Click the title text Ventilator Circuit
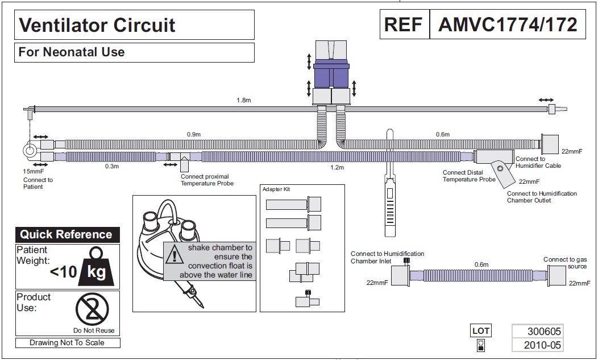click(x=97, y=25)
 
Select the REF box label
click(x=404, y=24)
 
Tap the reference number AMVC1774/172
click(x=507, y=24)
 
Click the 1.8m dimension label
click(x=244, y=100)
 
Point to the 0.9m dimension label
click(x=194, y=134)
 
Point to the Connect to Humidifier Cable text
click(x=538, y=162)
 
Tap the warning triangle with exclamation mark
click(x=172, y=255)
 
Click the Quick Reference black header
click(x=67, y=234)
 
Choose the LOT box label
click(x=480, y=330)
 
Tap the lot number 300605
click(x=537, y=331)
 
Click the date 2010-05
click(x=537, y=345)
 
